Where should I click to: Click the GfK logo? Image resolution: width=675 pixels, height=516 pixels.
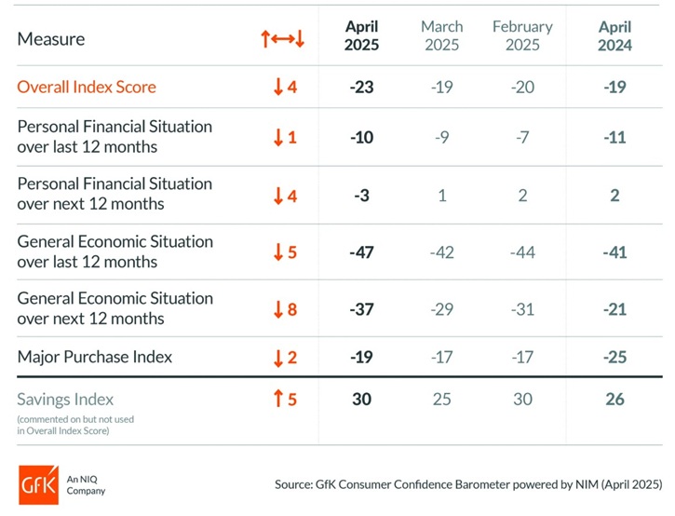click(x=37, y=484)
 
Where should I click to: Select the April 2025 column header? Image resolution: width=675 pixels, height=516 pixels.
click(x=361, y=36)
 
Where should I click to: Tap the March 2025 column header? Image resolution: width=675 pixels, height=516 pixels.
click(x=441, y=36)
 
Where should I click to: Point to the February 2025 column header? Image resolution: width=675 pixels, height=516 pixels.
click(x=522, y=36)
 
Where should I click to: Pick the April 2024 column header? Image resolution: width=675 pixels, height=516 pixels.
click(x=614, y=36)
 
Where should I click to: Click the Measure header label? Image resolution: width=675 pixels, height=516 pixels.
click(x=50, y=39)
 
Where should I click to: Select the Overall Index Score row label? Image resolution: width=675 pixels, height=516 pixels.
click(x=87, y=88)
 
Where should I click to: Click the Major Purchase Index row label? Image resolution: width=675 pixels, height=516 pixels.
click(x=94, y=357)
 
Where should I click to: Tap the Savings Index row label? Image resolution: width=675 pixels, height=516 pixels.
click(x=65, y=400)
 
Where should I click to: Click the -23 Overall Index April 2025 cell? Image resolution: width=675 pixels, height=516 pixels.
click(x=361, y=88)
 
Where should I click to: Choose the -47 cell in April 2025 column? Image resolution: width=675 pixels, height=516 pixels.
click(x=361, y=251)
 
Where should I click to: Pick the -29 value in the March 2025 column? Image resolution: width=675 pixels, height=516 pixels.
click(x=441, y=309)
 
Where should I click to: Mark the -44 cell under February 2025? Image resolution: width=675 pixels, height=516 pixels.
click(x=522, y=251)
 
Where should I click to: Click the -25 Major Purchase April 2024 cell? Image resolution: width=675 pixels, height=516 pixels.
click(x=614, y=357)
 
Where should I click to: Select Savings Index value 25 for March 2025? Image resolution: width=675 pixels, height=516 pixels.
click(x=441, y=400)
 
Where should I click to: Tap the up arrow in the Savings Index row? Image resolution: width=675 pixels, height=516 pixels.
click(x=277, y=400)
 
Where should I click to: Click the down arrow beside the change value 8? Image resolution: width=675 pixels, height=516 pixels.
click(x=277, y=309)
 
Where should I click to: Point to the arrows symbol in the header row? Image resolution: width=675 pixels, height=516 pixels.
click(x=283, y=39)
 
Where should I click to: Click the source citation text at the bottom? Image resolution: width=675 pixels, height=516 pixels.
click(x=468, y=484)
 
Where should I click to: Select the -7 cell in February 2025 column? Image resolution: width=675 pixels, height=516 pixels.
click(x=522, y=137)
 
